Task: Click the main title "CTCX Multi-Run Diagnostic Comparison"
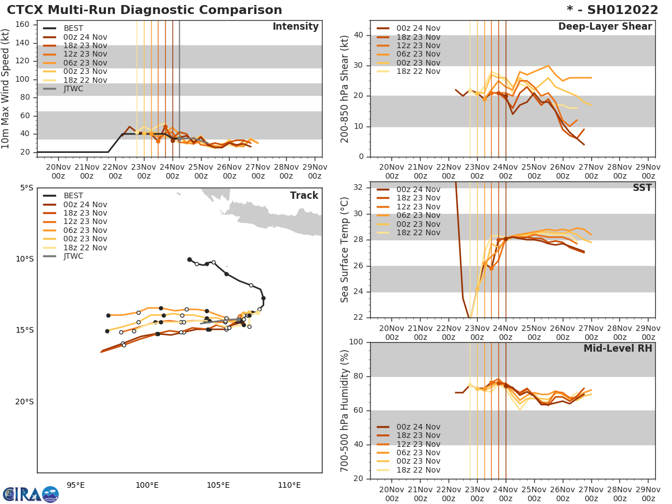(144, 10)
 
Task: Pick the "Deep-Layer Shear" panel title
(605, 27)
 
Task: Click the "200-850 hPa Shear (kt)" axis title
(345, 88)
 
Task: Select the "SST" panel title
(642, 188)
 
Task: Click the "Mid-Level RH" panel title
(618, 349)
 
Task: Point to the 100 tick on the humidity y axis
(356, 342)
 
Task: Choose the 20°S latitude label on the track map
(23, 402)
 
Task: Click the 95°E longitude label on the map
(76, 486)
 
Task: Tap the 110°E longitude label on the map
(289, 486)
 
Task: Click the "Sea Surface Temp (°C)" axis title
(345, 250)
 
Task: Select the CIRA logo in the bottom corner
(30, 494)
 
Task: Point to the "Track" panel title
(304, 195)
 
